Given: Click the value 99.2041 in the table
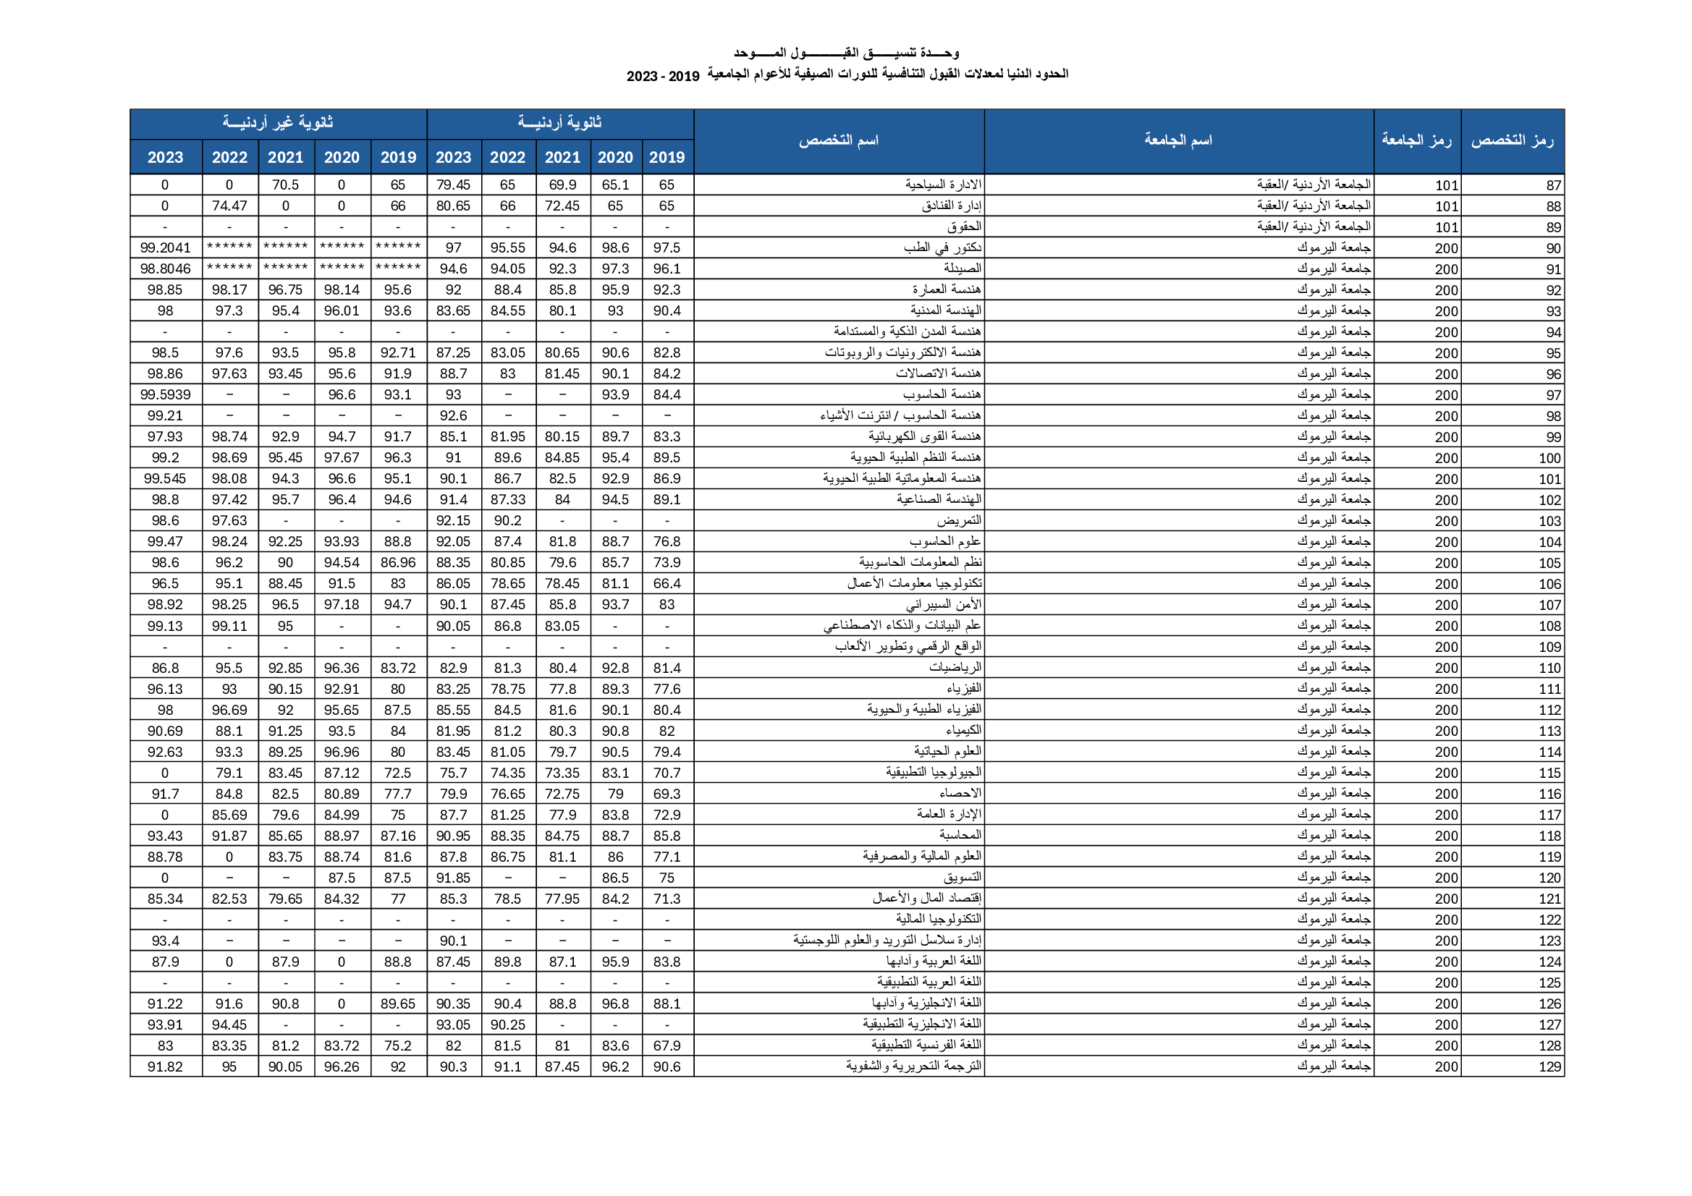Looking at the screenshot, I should (x=165, y=247).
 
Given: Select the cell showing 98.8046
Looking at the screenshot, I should (x=165, y=269).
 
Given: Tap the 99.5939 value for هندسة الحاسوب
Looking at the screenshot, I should (x=165, y=395).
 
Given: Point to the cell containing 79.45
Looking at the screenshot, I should (x=453, y=185).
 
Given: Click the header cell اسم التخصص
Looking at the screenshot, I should (x=839, y=140).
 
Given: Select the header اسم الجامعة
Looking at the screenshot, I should (x=1177, y=140).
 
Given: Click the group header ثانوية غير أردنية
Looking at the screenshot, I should (x=278, y=123).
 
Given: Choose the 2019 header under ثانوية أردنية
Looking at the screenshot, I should (x=667, y=157).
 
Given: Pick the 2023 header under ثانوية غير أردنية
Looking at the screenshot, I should (x=165, y=157).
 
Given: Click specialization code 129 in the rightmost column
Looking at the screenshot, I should (x=1549, y=1066).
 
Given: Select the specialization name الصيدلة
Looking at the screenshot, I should (x=963, y=268).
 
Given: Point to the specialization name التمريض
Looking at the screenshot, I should (x=959, y=520).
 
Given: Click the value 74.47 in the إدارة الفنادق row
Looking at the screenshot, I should (x=229, y=205).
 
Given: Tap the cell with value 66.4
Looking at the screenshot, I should (x=667, y=584).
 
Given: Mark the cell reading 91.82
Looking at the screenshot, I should (x=165, y=1066).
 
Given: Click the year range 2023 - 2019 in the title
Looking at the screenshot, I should (x=662, y=76).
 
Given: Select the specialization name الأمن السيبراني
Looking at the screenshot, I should (x=943, y=604).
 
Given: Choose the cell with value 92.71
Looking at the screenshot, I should (x=398, y=353).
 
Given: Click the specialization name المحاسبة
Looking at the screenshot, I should (x=960, y=835).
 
